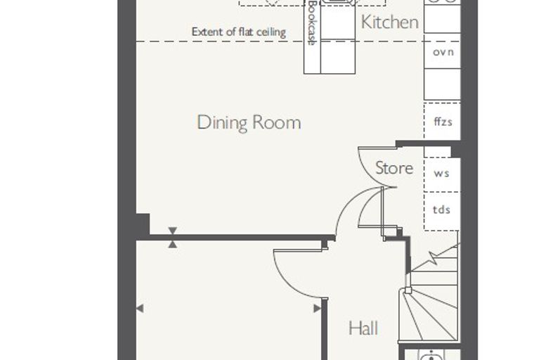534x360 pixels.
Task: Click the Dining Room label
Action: click(249, 123)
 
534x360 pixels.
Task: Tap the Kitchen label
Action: click(389, 22)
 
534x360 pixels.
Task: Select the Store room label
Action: click(394, 168)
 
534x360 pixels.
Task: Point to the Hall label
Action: click(363, 328)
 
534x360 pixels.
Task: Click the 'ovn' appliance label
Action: click(443, 52)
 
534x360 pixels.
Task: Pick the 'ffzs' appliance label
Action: click(443, 122)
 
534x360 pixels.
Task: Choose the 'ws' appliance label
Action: click(442, 174)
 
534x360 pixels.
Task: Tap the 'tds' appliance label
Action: click(442, 210)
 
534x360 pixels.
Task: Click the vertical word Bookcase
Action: click(312, 22)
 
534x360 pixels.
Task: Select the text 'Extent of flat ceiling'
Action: click(239, 32)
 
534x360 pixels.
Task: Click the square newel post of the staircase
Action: click(408, 290)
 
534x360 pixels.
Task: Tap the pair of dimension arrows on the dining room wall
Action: click(173, 237)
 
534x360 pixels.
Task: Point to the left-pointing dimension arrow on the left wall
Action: click(140, 309)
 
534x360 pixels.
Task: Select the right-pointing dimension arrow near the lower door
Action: click(317, 309)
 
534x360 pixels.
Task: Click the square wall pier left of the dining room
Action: click(143, 224)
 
